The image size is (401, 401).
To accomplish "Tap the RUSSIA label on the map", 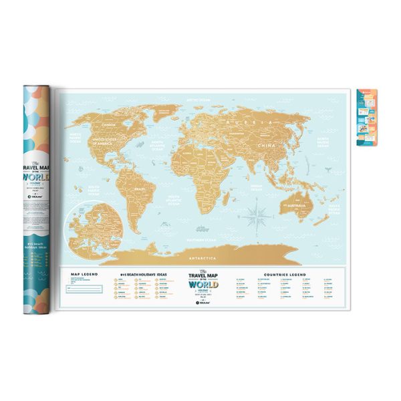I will point(239,123).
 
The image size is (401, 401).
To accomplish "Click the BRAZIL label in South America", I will point(140,190).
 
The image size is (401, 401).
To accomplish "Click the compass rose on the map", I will point(258,217).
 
